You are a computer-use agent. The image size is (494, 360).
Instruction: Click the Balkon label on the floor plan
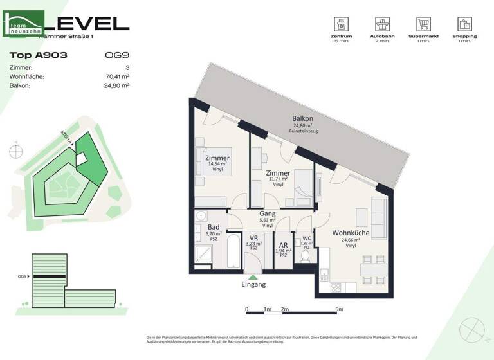(302, 118)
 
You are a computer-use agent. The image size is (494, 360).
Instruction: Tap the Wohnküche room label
(350, 233)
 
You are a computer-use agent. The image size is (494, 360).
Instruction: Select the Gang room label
(267, 213)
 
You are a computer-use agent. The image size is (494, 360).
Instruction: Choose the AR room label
(283, 245)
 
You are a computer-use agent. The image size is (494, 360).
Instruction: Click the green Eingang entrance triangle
(252, 277)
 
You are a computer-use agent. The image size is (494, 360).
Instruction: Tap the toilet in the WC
(306, 256)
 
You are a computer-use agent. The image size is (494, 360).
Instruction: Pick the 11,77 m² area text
(278, 179)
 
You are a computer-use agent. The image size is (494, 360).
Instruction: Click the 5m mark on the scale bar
(339, 309)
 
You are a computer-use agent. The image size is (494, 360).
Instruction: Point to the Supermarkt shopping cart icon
(423, 25)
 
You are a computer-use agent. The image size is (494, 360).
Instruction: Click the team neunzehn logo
(24, 25)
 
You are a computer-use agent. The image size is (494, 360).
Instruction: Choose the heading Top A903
(39, 55)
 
